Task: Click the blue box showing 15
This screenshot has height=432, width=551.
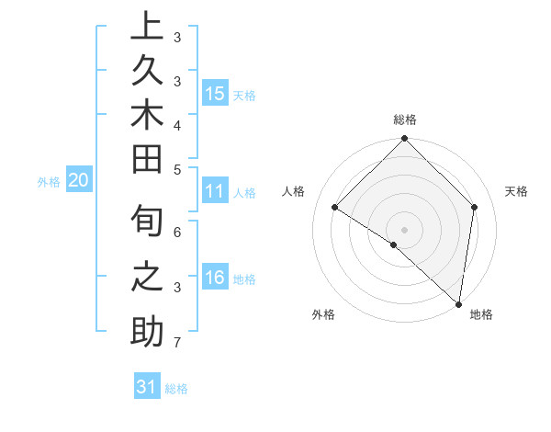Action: click(x=215, y=93)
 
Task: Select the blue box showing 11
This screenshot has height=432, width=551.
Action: click(x=215, y=191)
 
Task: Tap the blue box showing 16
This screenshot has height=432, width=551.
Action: click(x=215, y=278)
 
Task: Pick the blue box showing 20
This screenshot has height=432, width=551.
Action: click(x=79, y=181)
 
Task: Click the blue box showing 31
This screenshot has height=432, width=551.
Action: click(x=147, y=387)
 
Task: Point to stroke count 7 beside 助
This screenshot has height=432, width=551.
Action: click(x=176, y=343)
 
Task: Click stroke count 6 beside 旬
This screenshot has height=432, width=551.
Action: click(x=176, y=233)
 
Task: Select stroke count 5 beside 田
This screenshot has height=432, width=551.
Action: click(x=176, y=169)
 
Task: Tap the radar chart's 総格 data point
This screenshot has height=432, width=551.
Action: click(x=404, y=140)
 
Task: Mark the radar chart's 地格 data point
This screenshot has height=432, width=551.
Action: click(x=458, y=303)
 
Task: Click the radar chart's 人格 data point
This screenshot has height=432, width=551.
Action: click(x=335, y=207)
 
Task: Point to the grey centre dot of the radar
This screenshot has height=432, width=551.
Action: click(x=404, y=229)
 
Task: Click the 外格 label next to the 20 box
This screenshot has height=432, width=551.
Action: click(x=49, y=182)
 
